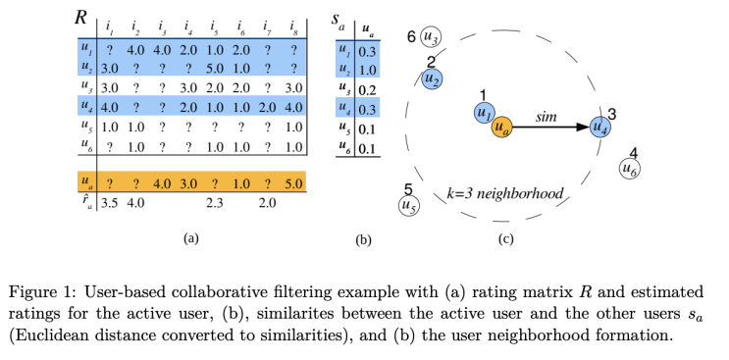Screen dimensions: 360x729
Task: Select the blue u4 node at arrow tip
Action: tap(600, 127)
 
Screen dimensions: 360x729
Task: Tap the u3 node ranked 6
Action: tap(431, 38)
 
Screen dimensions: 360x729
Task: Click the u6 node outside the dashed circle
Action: tap(632, 169)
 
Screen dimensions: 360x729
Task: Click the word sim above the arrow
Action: tap(547, 116)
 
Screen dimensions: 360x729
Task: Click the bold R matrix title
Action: tap(82, 17)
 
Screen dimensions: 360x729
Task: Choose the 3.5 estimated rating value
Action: tap(110, 204)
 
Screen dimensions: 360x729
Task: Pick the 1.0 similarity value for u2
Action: tap(369, 70)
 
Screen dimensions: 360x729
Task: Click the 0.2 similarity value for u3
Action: tap(369, 89)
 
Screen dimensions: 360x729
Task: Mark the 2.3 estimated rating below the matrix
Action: tap(215, 204)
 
